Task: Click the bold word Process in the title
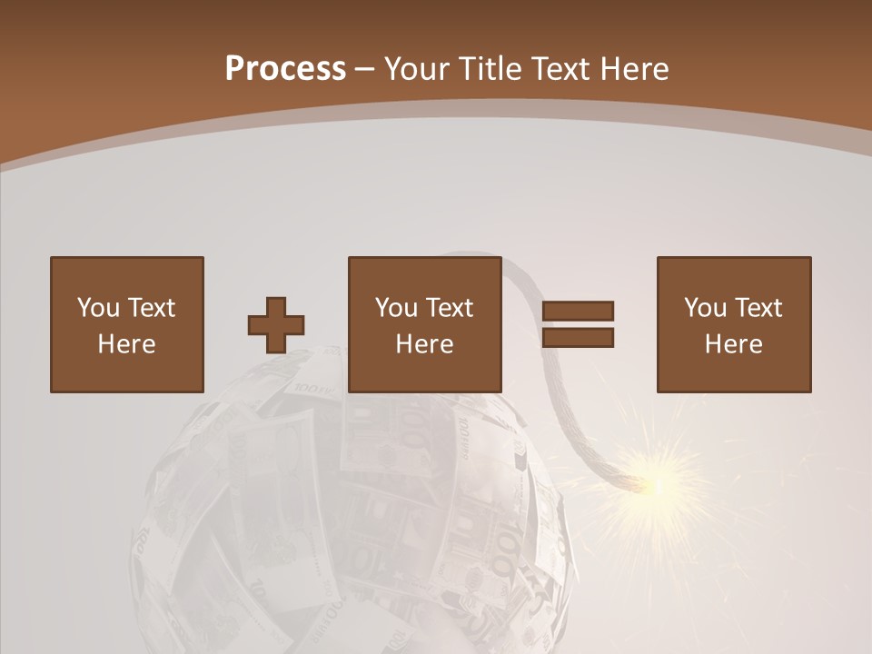tap(285, 69)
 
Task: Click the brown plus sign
tap(276, 325)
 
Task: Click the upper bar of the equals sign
tap(578, 312)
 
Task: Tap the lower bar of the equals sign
tap(578, 338)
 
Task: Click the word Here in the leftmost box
tap(126, 344)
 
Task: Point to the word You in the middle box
tap(396, 308)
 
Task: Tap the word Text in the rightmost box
tap(758, 308)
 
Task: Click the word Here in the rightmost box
tap(733, 344)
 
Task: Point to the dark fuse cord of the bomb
tap(564, 400)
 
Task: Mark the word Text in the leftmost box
tap(151, 308)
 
